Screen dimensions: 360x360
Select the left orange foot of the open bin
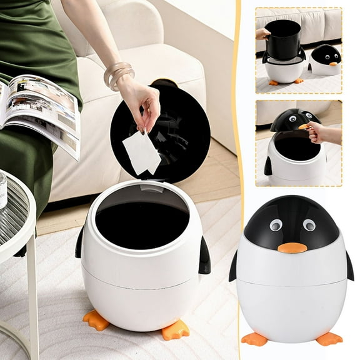[x=97, y=320]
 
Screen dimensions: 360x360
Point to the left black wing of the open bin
[x=79, y=242]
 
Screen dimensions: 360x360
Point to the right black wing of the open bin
[x=204, y=256]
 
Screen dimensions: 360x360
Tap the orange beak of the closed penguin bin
[x=292, y=247]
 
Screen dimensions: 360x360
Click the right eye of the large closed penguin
[x=309, y=224]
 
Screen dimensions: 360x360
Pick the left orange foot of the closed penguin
[x=254, y=339]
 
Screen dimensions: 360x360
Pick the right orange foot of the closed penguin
[x=329, y=339]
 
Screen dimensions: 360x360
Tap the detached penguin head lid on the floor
[x=325, y=60]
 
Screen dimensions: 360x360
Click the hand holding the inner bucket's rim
[x=262, y=33]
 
